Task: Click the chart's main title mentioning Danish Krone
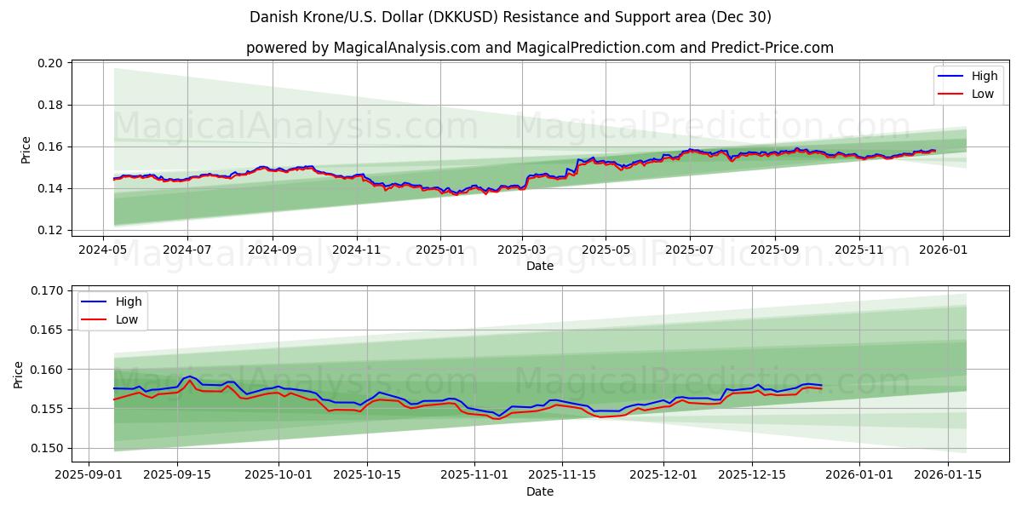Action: pyautogui.click(x=510, y=17)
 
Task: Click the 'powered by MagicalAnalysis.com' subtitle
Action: pyautogui.click(x=539, y=48)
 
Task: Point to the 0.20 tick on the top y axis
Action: pyautogui.click(x=51, y=64)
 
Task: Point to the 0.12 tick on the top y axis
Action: pyautogui.click(x=51, y=230)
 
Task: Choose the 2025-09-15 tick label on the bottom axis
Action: pyautogui.click(x=177, y=474)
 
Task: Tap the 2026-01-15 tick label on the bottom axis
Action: pyautogui.click(x=947, y=474)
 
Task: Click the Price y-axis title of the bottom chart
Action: pyautogui.click(x=19, y=375)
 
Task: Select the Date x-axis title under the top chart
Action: pyautogui.click(x=539, y=266)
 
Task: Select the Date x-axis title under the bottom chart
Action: pyautogui.click(x=539, y=491)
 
